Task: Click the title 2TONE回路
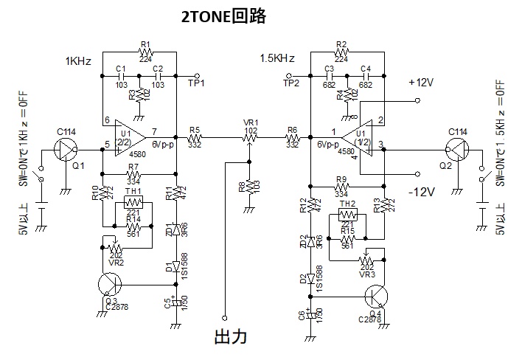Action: click(224, 16)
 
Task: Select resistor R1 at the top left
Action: click(145, 52)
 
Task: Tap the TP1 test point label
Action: click(196, 83)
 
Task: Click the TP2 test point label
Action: click(291, 83)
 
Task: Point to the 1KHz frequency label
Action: click(78, 62)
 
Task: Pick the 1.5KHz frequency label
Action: click(277, 58)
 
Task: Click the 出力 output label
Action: click(229, 337)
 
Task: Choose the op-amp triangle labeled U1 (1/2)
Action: click(358, 136)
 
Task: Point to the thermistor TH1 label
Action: click(133, 192)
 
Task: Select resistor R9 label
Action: click(340, 179)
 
